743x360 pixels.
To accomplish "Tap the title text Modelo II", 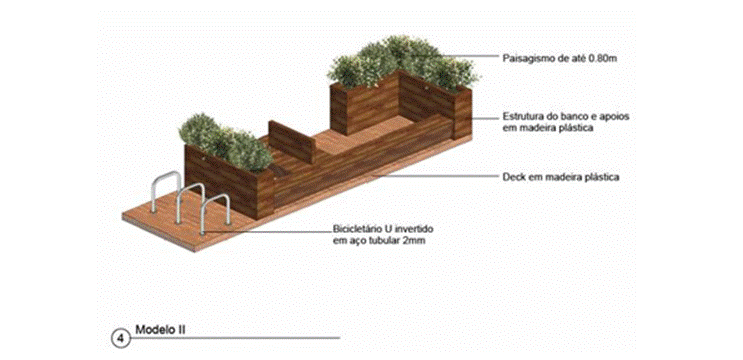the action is [156, 329].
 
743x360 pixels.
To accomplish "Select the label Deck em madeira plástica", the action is [561, 178].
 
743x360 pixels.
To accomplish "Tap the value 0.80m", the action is [599, 59].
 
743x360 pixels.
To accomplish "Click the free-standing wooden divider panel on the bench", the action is [292, 141].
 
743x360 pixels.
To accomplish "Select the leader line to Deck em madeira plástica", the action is [435, 176].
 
